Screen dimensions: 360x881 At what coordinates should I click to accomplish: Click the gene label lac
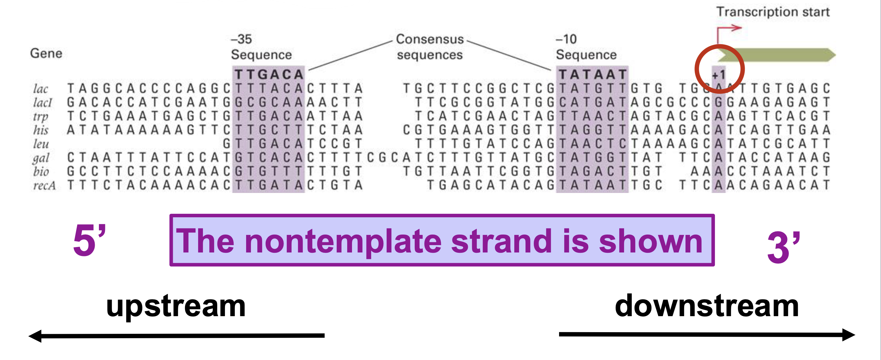(40, 89)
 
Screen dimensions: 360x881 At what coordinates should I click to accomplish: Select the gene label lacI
(43, 103)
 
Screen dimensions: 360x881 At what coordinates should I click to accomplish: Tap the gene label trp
(41, 116)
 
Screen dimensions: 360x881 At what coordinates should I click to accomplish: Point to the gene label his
(41, 130)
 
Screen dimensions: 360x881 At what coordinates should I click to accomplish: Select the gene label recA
(44, 186)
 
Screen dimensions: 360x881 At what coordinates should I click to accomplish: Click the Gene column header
(46, 53)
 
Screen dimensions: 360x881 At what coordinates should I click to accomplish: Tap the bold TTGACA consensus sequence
(269, 75)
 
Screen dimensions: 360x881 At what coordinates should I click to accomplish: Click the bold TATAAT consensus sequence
(592, 75)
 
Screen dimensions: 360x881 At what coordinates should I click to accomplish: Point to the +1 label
(718, 75)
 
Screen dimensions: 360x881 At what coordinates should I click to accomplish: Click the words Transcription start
(773, 12)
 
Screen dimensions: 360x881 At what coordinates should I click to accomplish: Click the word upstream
(176, 306)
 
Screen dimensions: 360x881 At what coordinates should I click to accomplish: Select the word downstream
(707, 306)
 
